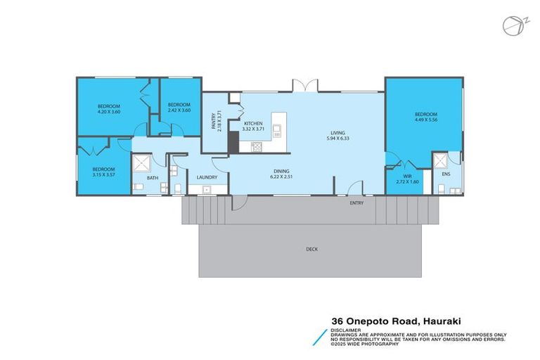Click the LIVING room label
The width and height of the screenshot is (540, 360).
click(337, 133)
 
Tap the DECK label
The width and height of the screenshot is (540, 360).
click(311, 249)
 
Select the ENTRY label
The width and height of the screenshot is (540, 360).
click(356, 203)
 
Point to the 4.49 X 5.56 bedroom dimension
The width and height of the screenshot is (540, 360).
click(426, 120)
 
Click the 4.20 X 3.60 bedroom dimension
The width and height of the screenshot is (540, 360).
click(109, 112)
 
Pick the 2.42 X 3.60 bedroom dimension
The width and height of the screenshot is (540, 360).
click(179, 110)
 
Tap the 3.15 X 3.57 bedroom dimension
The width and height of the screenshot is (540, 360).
click(103, 174)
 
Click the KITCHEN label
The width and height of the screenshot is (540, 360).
click(253, 123)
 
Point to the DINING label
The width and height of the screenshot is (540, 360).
click(281, 172)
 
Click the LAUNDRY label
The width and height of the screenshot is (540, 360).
click(207, 177)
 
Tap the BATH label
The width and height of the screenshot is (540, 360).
click(153, 178)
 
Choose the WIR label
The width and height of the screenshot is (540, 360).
click(407, 176)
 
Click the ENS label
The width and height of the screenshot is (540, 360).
click(446, 174)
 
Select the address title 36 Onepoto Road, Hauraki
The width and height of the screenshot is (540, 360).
click(396, 321)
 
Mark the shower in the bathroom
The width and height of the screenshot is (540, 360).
click(142, 163)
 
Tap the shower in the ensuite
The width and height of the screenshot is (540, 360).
click(440, 161)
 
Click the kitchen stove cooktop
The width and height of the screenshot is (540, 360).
click(257, 147)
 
